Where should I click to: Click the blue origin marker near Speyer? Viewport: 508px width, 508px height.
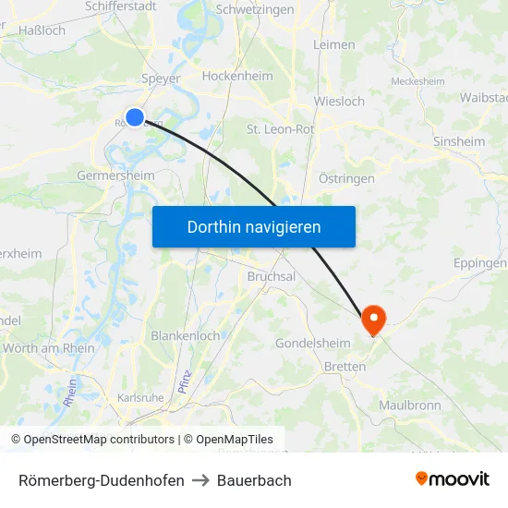pos(135,116)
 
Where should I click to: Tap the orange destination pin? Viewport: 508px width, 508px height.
pos(374,320)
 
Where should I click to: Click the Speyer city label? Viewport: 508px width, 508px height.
pos(161,79)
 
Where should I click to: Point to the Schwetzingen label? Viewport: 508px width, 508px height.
pos(255,9)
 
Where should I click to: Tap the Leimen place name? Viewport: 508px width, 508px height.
pos(333,44)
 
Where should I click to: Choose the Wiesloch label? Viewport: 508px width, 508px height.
pos(339,101)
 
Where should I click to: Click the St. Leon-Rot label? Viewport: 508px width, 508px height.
pos(280,129)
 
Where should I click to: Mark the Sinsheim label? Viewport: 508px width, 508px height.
pos(459,141)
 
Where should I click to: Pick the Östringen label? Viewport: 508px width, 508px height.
pos(345,178)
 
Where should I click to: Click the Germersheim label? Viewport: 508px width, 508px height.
pos(115,175)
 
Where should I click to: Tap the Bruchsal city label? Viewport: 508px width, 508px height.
pos(272,276)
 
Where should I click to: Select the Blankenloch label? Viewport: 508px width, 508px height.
pos(186,336)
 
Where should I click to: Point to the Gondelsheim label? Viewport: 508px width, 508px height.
pos(312,344)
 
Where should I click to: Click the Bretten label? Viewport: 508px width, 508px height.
pos(345,367)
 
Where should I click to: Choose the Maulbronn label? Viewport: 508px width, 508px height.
pos(409,405)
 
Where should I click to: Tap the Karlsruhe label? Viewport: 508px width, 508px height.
pos(140,398)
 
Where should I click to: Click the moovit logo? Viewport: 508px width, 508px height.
pos(453,479)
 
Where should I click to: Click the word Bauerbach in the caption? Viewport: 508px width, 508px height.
pos(254,480)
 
